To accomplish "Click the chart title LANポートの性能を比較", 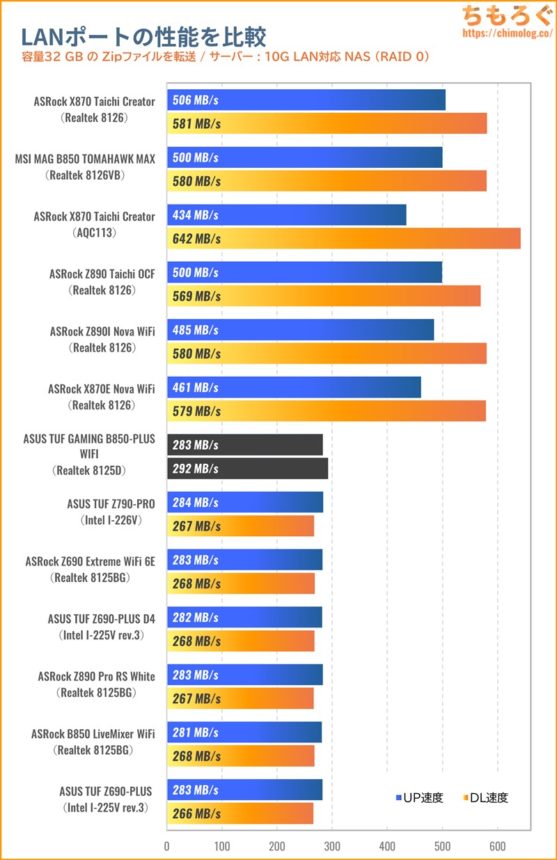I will (x=143, y=36).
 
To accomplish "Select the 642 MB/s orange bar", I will (x=343, y=238).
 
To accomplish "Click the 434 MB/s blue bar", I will (x=286, y=215).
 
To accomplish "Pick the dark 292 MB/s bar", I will (x=247, y=469).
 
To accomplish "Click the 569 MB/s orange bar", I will (x=324, y=296).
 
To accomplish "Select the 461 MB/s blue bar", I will (x=294, y=387).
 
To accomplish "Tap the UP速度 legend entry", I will (x=419, y=798).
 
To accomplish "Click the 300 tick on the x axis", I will (x=332, y=846).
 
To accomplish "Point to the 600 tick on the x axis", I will (x=497, y=846).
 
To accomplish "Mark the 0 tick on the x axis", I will (x=167, y=846).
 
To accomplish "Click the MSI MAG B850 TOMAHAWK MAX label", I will (x=85, y=159).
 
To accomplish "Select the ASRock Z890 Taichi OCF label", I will (x=102, y=274).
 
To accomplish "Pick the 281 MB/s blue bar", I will (x=244, y=733).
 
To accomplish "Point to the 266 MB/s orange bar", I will (x=240, y=813).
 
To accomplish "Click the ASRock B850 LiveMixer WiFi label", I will (x=93, y=734).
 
